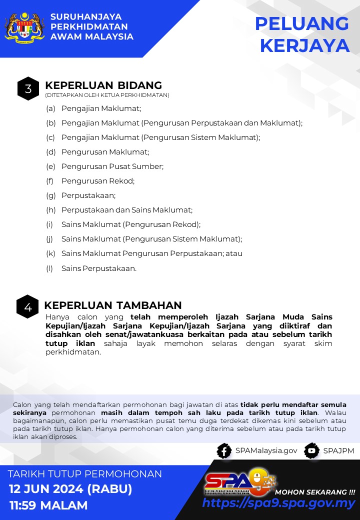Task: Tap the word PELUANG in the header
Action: [x=301, y=24]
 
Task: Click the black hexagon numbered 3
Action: [x=28, y=89]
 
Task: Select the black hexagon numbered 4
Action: [x=27, y=306]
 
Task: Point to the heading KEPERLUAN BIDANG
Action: [x=103, y=85]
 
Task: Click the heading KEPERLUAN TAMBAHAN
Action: [x=113, y=305]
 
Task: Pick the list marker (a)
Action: [x=50, y=108]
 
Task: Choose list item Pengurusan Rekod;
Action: [x=98, y=180]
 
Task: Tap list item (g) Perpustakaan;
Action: [x=88, y=195]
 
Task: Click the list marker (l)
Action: [x=49, y=268]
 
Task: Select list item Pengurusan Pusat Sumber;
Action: [x=112, y=166]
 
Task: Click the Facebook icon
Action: [x=224, y=450]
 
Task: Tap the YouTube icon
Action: [x=311, y=450]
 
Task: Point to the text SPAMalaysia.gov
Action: [x=266, y=450]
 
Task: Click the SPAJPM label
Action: [x=338, y=450]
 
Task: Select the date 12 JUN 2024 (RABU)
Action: [x=70, y=488]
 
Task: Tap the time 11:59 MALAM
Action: [x=48, y=505]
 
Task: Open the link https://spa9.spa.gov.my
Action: [x=278, y=503]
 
